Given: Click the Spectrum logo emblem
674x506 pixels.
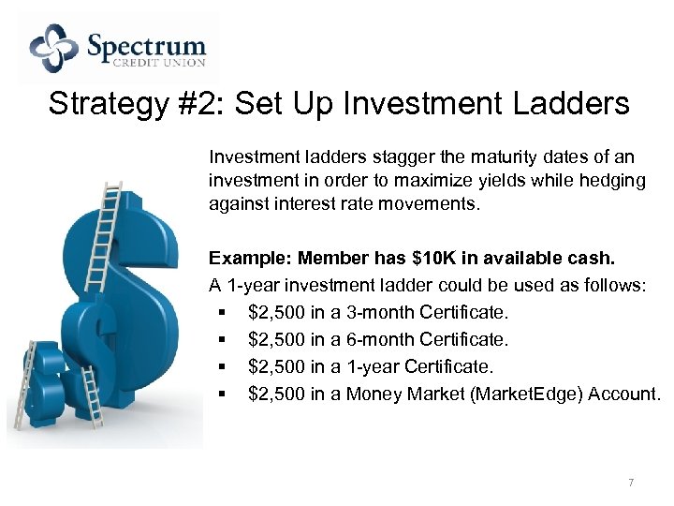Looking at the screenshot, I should (x=54, y=48).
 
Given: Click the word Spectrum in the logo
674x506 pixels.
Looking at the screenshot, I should (x=146, y=44).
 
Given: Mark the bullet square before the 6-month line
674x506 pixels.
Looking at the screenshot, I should (x=219, y=339).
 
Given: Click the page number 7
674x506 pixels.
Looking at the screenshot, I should (x=631, y=483).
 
